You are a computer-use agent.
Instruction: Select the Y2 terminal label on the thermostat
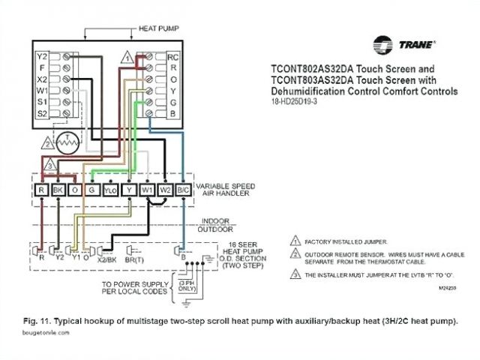point(43,56)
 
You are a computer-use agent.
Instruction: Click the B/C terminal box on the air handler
point(184,191)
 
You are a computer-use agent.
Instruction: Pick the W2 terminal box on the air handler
point(166,191)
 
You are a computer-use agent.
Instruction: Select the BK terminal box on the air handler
point(58,191)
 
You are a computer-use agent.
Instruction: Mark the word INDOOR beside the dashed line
point(214,220)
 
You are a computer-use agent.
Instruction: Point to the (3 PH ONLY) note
point(187,285)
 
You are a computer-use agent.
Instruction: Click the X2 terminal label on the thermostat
point(43,78)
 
